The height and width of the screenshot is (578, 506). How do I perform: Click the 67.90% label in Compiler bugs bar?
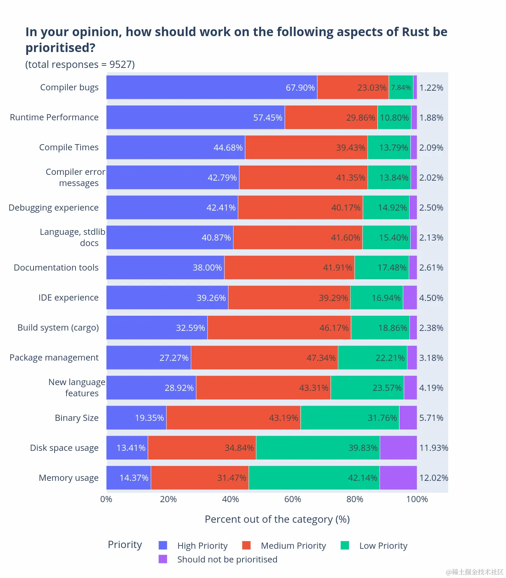[300, 88]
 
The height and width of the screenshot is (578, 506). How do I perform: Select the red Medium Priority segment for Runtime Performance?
[331, 117]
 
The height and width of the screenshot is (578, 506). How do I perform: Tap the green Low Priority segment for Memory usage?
[314, 478]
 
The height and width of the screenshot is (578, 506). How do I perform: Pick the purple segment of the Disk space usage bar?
[398, 448]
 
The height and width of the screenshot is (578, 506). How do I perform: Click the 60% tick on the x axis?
[292, 499]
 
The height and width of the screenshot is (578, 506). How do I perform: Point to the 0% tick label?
[106, 499]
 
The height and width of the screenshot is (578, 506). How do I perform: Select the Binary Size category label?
[77, 418]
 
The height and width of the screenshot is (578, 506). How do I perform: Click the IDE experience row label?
[68, 298]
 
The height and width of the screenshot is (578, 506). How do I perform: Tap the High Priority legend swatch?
[163, 545]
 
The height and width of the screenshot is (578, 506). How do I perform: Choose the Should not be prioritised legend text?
[227, 560]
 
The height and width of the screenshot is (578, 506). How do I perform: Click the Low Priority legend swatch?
[345, 545]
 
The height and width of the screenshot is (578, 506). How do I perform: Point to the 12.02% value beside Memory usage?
[433, 478]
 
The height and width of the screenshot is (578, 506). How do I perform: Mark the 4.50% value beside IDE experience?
[431, 298]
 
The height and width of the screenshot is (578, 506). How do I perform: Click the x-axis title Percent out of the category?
[277, 519]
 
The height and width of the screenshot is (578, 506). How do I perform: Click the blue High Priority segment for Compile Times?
[176, 147]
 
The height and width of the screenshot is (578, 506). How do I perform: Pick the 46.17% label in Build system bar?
[334, 328]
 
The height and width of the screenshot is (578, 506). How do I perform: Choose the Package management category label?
[54, 358]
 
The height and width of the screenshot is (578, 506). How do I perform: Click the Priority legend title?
[125, 545]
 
